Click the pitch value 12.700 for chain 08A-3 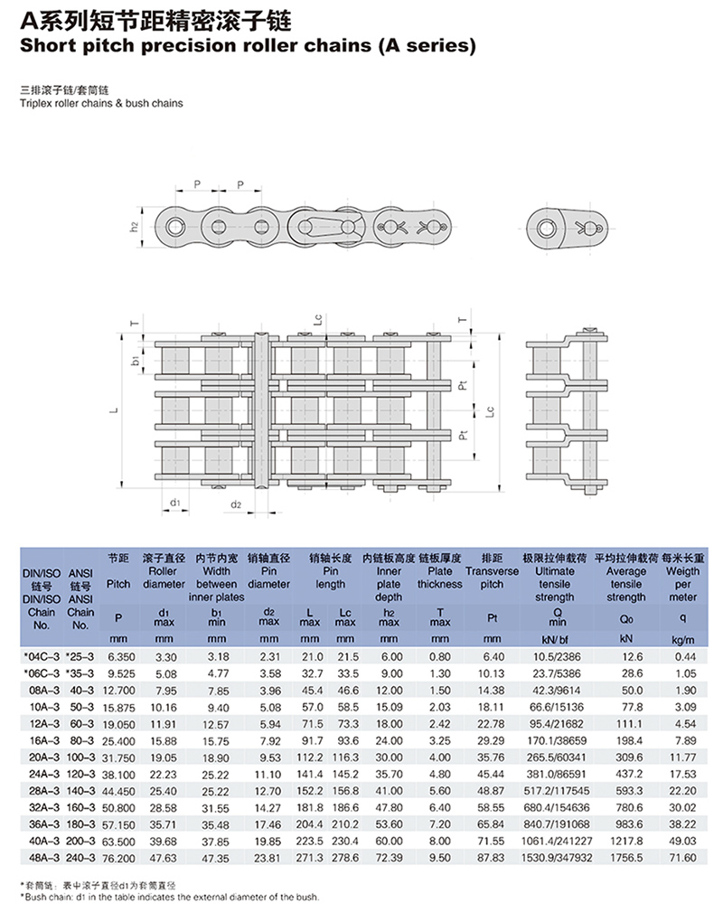[118, 691]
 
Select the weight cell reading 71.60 [682, 858]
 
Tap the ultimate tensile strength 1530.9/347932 [557, 858]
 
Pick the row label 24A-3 [44, 775]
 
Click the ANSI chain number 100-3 [80, 757]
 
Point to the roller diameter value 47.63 [163, 858]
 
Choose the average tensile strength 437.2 [628, 775]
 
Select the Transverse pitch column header [492, 578]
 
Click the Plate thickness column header [440, 578]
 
